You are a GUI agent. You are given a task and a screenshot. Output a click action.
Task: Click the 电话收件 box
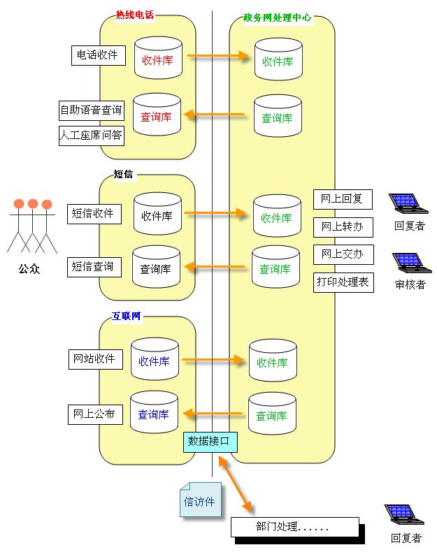(95, 55)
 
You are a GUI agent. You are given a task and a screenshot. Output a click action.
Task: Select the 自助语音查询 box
(91, 110)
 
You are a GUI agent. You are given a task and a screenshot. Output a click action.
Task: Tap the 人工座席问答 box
(91, 136)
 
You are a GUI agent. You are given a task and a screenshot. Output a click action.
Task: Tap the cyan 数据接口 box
(210, 442)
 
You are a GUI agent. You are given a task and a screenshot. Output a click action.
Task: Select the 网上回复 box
(343, 199)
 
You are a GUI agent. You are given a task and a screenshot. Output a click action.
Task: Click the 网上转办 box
(343, 227)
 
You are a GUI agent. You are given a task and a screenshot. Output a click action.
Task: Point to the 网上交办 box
(343, 254)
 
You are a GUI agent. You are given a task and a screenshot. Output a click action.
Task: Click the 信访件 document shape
(200, 500)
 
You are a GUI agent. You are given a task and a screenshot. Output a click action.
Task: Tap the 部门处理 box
(294, 527)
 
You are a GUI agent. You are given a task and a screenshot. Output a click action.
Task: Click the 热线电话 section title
(135, 15)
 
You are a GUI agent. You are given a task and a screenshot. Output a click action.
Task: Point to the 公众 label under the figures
(29, 268)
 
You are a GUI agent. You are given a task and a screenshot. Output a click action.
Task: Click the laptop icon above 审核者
(409, 263)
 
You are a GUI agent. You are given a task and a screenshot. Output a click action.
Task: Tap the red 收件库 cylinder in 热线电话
(157, 60)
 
